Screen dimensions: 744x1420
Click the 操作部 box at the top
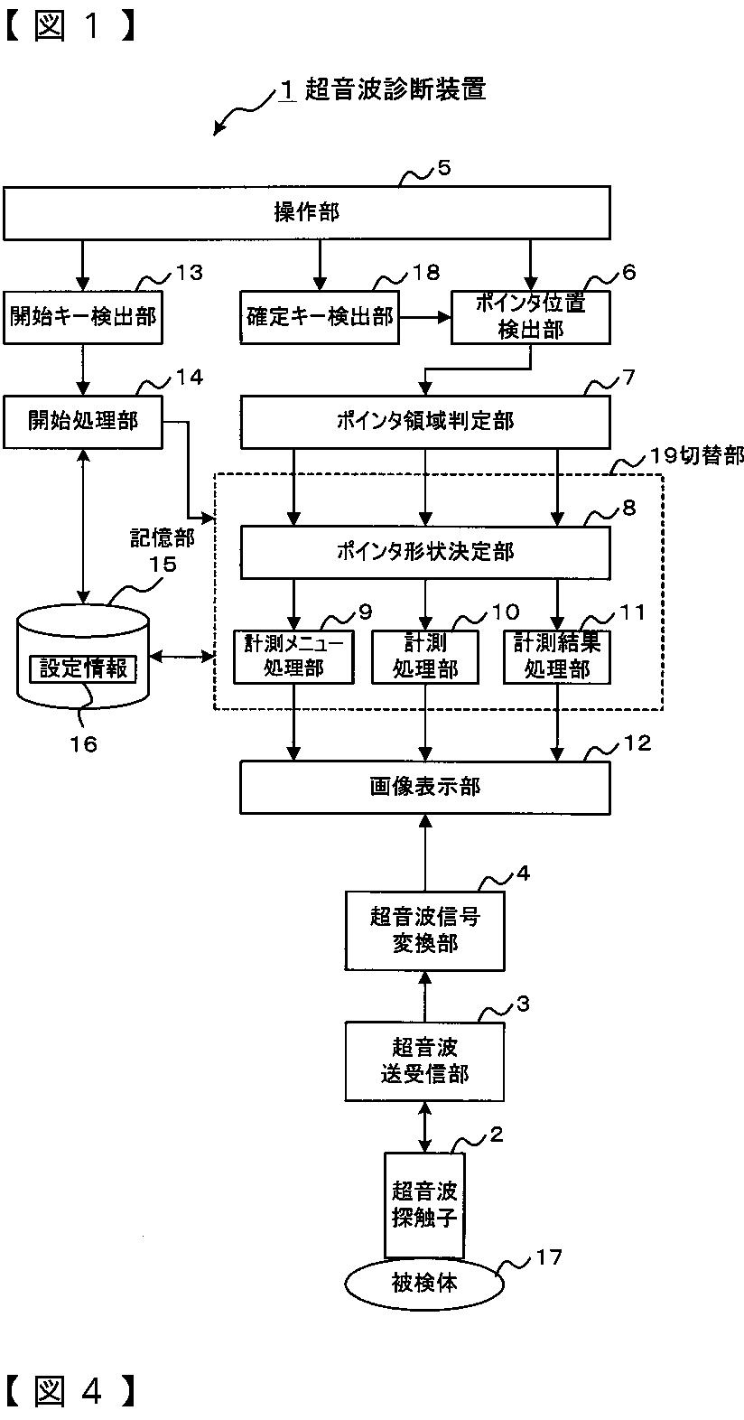click(x=307, y=212)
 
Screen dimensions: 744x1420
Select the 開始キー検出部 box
click(x=82, y=317)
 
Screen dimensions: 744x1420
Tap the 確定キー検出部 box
click(x=320, y=317)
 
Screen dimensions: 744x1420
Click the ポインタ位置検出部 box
click(x=530, y=317)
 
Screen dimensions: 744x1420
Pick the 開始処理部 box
click(x=82, y=422)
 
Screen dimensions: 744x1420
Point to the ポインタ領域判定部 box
click(x=425, y=422)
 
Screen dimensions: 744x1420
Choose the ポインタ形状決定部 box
click(x=425, y=552)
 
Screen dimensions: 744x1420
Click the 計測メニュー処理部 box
click(x=293, y=657)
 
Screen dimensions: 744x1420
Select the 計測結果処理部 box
click(x=557, y=657)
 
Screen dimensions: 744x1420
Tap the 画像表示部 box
click(x=425, y=788)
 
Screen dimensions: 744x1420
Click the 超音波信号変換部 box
click(x=424, y=930)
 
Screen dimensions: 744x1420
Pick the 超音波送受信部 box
click(x=424, y=1061)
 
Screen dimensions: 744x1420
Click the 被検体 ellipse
click(x=424, y=1283)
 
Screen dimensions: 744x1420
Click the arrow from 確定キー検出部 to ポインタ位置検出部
click(x=425, y=317)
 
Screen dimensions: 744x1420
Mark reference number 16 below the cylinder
click(x=84, y=743)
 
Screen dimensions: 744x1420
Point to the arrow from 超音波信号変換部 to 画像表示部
click(x=425, y=853)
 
